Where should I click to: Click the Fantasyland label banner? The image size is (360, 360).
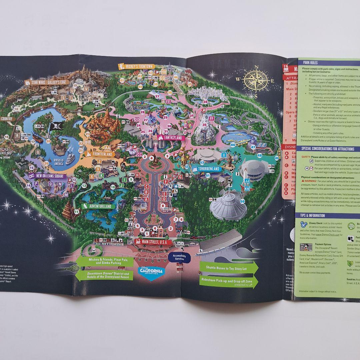pyautogui.click(x=171, y=137)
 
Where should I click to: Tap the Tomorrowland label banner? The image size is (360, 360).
pyautogui.click(x=207, y=169)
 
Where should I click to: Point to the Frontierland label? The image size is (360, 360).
pyautogui.click(x=101, y=155)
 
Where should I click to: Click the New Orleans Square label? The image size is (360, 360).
pyautogui.click(x=49, y=176)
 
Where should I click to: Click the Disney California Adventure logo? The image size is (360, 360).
pyautogui.click(x=152, y=271)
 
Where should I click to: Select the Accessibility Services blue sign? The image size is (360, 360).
pyautogui.click(x=179, y=257)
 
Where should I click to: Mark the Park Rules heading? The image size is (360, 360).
pyautogui.click(x=310, y=62)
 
